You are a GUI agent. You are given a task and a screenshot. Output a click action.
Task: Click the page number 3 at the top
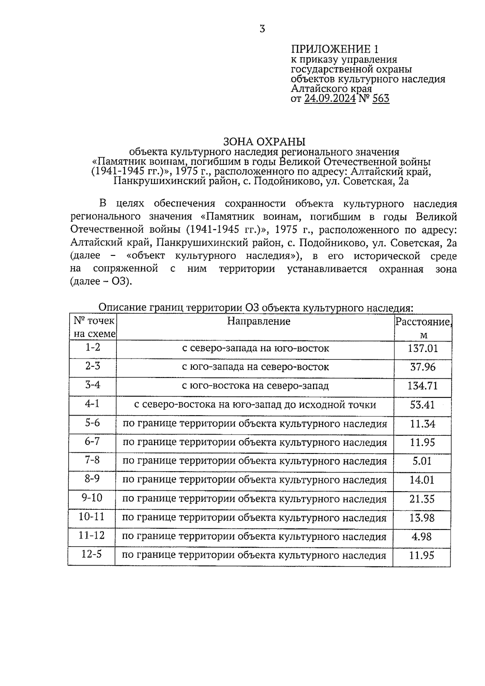click(262, 29)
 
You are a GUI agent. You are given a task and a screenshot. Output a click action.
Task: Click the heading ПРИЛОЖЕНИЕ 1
click(335, 49)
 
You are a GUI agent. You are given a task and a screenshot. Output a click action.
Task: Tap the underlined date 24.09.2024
click(330, 99)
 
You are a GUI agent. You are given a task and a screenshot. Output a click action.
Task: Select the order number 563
click(381, 99)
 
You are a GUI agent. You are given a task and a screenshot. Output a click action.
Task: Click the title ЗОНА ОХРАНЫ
click(265, 141)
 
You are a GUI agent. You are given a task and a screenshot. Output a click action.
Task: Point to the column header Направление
click(259, 321)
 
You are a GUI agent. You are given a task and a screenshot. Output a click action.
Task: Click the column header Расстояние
click(423, 322)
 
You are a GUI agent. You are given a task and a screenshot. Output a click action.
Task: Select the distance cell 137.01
click(423, 348)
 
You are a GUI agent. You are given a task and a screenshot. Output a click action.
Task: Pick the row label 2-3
click(93, 366)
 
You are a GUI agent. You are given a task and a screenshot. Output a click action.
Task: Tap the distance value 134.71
click(422, 386)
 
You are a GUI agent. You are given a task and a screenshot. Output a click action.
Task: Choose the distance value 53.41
click(422, 405)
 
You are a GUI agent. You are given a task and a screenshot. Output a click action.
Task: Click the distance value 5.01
click(422, 461)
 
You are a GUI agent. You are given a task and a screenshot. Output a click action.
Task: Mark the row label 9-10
click(92, 498)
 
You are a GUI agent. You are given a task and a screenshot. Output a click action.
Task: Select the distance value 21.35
click(422, 499)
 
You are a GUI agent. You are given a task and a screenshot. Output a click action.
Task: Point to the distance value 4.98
click(422, 536)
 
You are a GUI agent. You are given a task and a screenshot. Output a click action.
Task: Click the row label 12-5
click(92, 554)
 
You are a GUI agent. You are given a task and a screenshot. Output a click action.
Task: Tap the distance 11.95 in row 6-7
click(422, 442)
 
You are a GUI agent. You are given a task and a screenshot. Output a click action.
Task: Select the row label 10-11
click(92, 517)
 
